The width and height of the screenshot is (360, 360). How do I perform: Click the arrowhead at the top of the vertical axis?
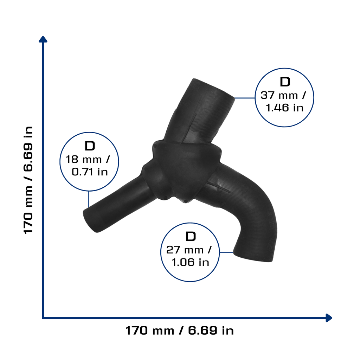(43, 39)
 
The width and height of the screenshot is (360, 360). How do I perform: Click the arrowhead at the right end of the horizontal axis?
(329, 318)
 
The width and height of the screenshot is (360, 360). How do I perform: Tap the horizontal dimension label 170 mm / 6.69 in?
(180, 330)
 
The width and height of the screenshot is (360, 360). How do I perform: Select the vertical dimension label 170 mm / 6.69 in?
(28, 180)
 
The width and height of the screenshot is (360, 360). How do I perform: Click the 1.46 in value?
(284, 108)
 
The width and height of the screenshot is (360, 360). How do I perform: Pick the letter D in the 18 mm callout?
(90, 146)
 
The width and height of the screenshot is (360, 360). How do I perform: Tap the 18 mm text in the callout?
(84, 160)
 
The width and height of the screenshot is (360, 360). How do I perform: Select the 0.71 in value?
(90, 172)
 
